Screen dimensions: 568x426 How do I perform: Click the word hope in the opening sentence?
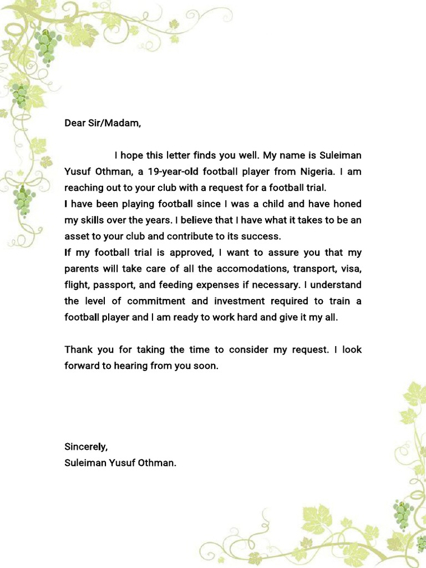click(x=132, y=155)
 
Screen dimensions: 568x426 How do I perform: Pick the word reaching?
click(x=84, y=187)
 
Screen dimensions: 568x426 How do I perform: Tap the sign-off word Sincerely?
click(x=86, y=447)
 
